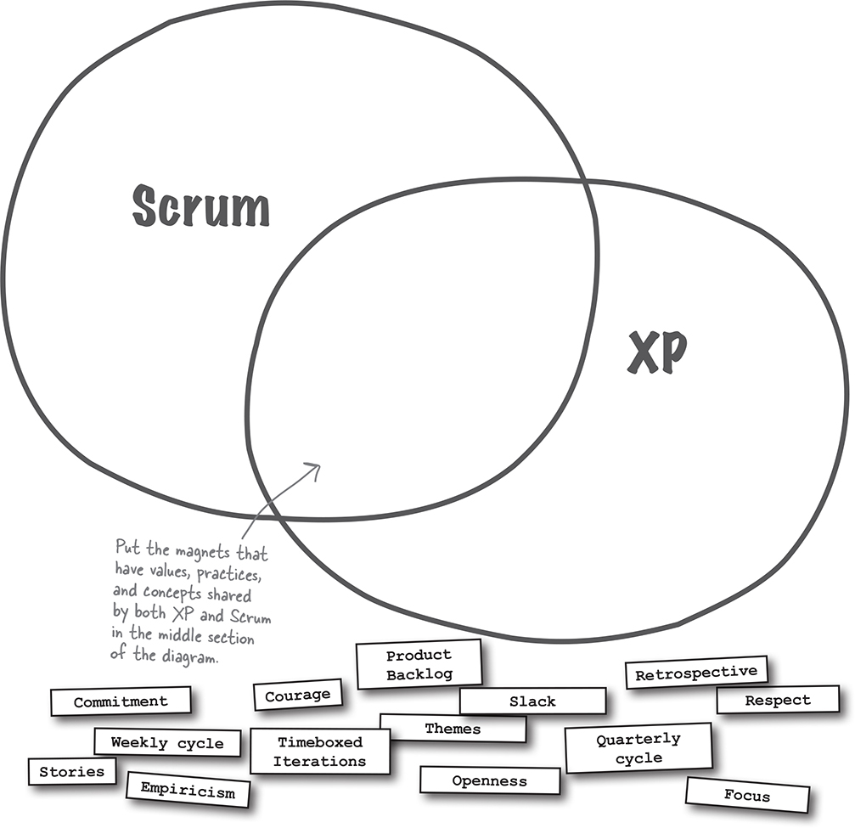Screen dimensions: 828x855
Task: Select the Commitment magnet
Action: (x=121, y=701)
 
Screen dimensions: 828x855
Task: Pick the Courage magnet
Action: (x=297, y=695)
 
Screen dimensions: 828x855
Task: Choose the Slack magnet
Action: (x=532, y=701)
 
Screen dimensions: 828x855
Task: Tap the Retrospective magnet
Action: (x=695, y=673)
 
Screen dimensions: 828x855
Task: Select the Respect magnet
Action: (x=777, y=701)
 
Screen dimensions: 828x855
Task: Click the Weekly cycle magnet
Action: (x=167, y=743)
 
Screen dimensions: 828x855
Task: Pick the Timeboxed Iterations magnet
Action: (x=319, y=752)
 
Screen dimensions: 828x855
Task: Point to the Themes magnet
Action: (x=453, y=729)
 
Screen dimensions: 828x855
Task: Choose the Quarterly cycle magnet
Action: (x=638, y=748)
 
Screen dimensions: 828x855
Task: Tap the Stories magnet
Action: (x=72, y=771)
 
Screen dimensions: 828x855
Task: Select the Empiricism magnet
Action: (x=188, y=791)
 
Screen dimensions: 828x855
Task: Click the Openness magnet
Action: (x=489, y=780)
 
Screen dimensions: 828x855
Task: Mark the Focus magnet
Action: (x=747, y=796)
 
